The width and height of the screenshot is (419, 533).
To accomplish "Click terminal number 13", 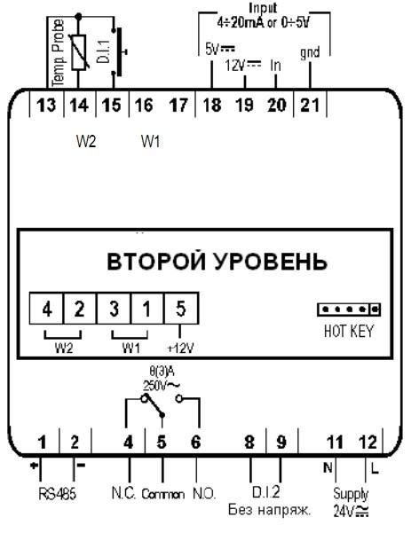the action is click(46, 106).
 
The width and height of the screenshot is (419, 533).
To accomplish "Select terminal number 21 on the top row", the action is click(310, 106).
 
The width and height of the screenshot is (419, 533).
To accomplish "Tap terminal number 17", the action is click(178, 106).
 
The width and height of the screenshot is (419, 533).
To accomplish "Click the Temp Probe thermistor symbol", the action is click(79, 52).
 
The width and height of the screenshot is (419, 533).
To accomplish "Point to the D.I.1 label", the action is click(103, 51).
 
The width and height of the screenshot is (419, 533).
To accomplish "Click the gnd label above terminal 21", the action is click(310, 53).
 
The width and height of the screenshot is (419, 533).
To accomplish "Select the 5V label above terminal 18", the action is click(220, 49).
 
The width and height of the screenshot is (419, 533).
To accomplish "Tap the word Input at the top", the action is click(263, 7).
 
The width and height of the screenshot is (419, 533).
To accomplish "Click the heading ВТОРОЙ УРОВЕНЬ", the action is click(217, 262).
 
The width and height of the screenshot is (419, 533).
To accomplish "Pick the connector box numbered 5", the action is click(181, 309).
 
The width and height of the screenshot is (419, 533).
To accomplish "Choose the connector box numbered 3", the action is click(114, 309).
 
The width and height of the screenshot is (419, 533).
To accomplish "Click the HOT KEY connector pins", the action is click(349, 310).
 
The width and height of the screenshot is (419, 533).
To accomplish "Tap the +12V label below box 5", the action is click(180, 348).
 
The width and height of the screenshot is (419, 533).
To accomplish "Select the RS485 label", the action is click(57, 494).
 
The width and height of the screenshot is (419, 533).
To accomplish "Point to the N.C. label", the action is click(124, 493).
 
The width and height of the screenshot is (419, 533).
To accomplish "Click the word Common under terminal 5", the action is click(163, 494).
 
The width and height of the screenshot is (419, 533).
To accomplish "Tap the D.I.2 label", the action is click(265, 492).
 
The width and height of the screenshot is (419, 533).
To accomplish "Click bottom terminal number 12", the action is click(368, 443).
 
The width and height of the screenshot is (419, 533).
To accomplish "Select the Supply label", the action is click(351, 495).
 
